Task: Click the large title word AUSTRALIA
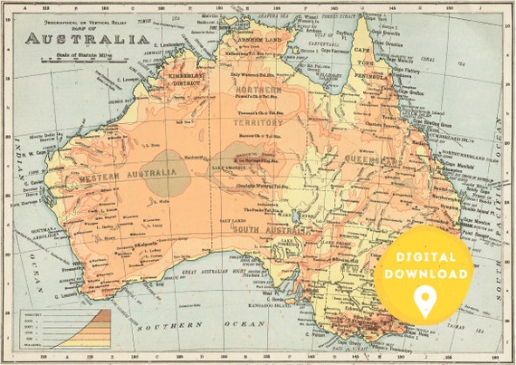[x=87, y=38]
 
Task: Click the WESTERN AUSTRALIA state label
[x=127, y=178]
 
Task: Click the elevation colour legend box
[x=62, y=329]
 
